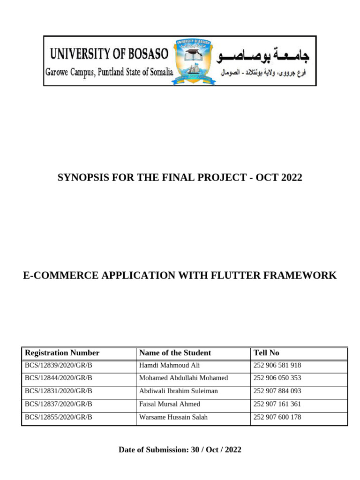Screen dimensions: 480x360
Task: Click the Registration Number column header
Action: coord(62,353)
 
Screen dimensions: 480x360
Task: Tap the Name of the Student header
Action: coord(175,353)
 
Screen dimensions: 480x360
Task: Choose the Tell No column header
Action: coord(266,353)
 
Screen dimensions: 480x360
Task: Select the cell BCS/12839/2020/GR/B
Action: coord(59,365)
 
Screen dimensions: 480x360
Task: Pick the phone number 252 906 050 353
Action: coord(277,378)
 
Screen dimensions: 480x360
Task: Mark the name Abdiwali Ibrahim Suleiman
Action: coord(179,391)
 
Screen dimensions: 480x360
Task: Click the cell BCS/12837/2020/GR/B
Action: coord(59,404)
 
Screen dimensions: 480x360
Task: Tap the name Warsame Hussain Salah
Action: coord(173,417)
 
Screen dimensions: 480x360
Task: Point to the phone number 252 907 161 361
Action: coord(277,404)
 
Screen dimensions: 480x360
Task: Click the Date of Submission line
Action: coord(180,450)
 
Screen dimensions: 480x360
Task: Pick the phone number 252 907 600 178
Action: coord(277,417)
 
